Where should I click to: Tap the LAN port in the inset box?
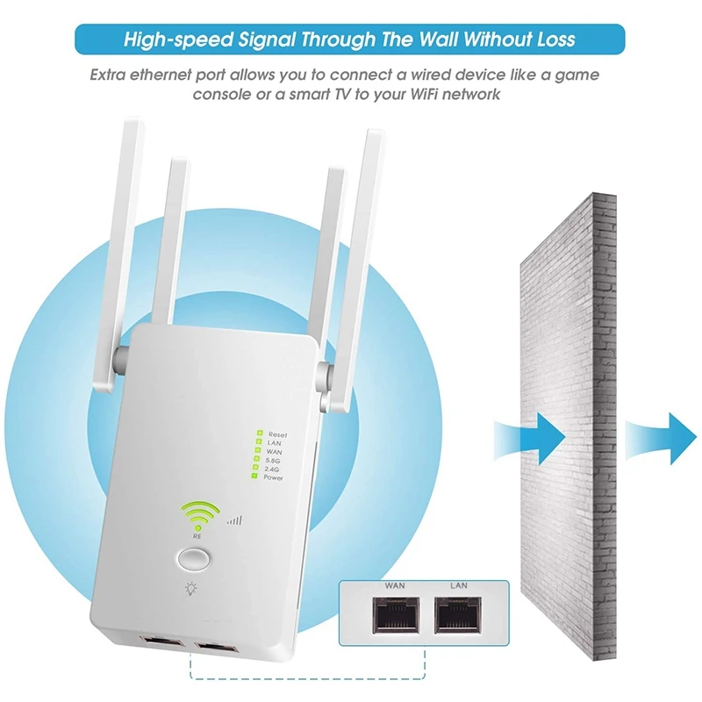point(457,618)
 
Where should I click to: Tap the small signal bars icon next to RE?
point(234,520)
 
